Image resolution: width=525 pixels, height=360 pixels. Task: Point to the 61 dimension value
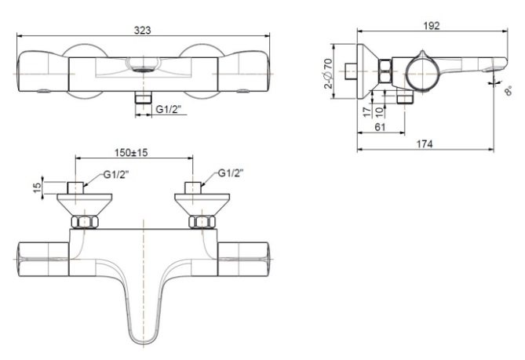click(380, 126)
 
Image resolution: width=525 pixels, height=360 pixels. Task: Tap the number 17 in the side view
click(366, 111)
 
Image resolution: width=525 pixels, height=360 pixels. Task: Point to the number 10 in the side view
click(382, 111)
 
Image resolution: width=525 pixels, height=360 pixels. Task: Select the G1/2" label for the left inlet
click(116, 174)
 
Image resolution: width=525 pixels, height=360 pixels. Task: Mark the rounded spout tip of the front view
click(141, 337)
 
